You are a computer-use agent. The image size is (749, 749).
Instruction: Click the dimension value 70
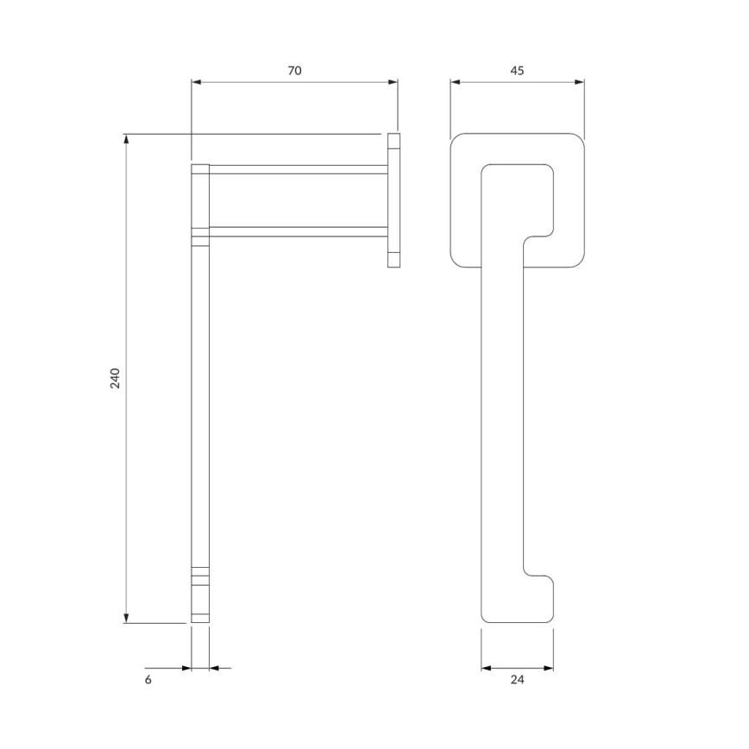pos(294,70)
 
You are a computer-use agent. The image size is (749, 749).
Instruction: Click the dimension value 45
pos(517,70)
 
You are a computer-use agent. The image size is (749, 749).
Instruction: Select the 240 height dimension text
pos(115,378)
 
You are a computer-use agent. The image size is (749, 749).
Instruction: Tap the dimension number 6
pos(148,680)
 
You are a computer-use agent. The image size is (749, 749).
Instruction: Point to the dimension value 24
pos(517,680)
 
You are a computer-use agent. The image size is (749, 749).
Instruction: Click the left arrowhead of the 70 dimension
pos(196,82)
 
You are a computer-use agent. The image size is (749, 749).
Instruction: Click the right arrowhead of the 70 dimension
pos(393,82)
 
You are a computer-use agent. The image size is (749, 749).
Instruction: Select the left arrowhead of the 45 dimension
pos(456,82)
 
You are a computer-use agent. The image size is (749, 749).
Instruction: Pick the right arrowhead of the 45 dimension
pos(580,82)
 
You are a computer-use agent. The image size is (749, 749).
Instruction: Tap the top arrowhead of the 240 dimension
pos(127,139)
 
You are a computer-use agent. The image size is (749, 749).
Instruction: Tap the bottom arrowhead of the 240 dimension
pos(127,618)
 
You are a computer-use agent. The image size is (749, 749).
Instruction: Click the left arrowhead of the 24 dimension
pos(486,667)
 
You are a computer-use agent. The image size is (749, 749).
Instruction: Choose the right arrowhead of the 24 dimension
pos(549,667)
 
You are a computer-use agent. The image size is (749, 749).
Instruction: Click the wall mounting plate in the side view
pos(394,201)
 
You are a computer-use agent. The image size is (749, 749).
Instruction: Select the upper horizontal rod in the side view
pos(298,169)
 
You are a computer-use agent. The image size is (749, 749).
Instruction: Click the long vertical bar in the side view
pos(200,406)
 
